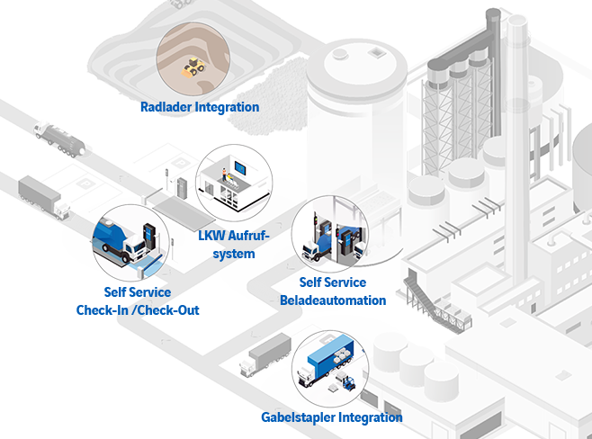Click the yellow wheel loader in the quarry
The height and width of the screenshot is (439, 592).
click(193, 66)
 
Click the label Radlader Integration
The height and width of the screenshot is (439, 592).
click(199, 107)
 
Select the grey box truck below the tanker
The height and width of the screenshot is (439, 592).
click(42, 198)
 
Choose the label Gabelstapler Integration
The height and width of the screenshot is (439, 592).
click(330, 417)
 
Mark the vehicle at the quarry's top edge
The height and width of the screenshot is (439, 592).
click(180, 4)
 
